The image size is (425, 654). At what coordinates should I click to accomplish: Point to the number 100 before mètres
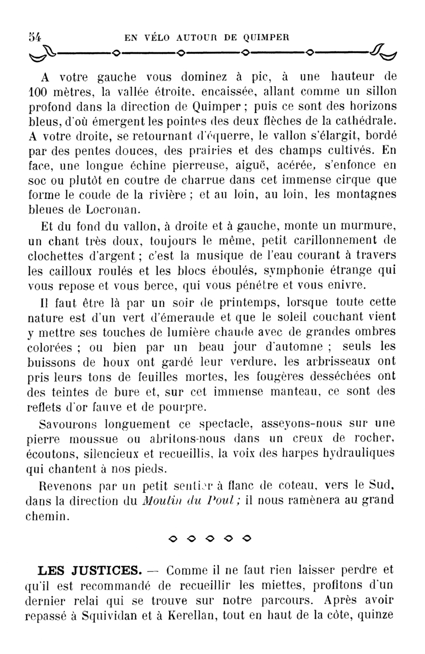(x=37, y=92)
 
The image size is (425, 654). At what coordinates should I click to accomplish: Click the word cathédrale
(x=366, y=121)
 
